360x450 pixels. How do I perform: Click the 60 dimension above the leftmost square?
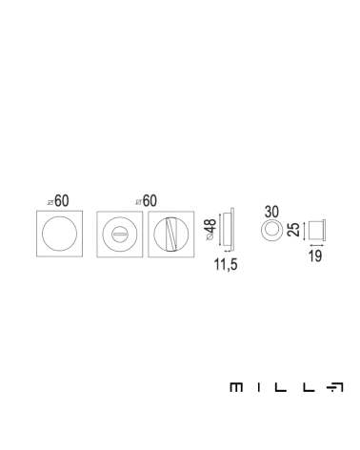click(62, 201)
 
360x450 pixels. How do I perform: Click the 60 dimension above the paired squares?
click(150, 201)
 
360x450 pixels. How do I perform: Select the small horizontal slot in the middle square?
click(120, 235)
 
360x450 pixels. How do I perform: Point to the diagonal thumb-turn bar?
click(171, 234)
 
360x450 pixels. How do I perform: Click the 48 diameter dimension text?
click(211, 226)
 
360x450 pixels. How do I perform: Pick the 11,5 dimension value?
click(226, 264)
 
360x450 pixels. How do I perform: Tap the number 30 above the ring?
click(271, 212)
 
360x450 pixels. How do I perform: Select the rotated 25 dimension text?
click(293, 230)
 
